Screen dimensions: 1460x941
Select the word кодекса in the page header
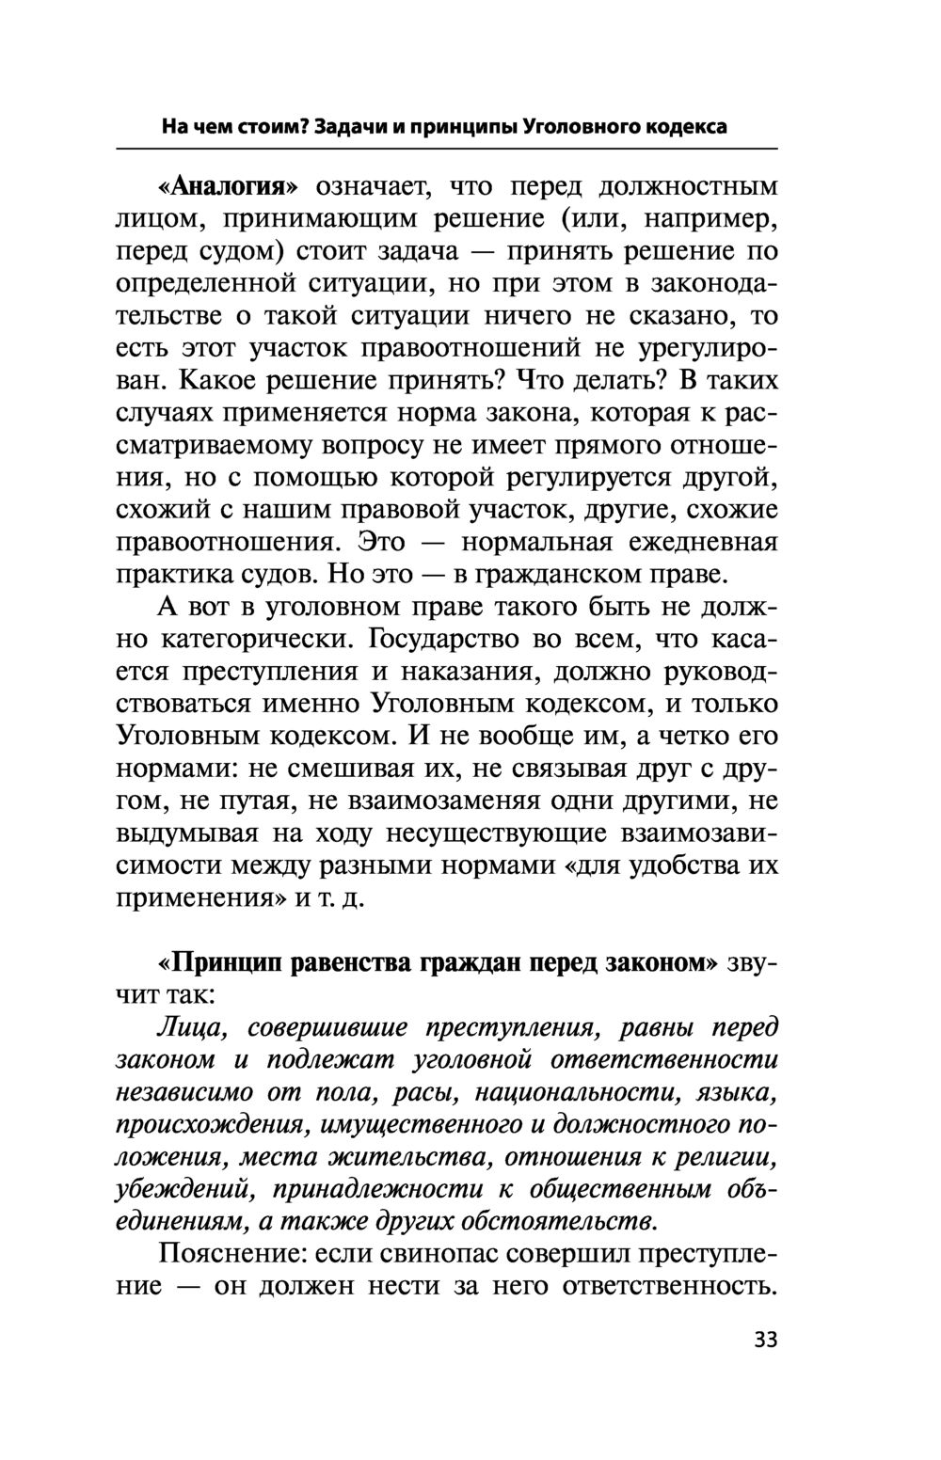click(x=685, y=126)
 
